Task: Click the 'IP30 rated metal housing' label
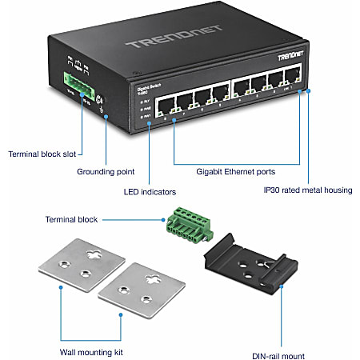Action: coord(310,190)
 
